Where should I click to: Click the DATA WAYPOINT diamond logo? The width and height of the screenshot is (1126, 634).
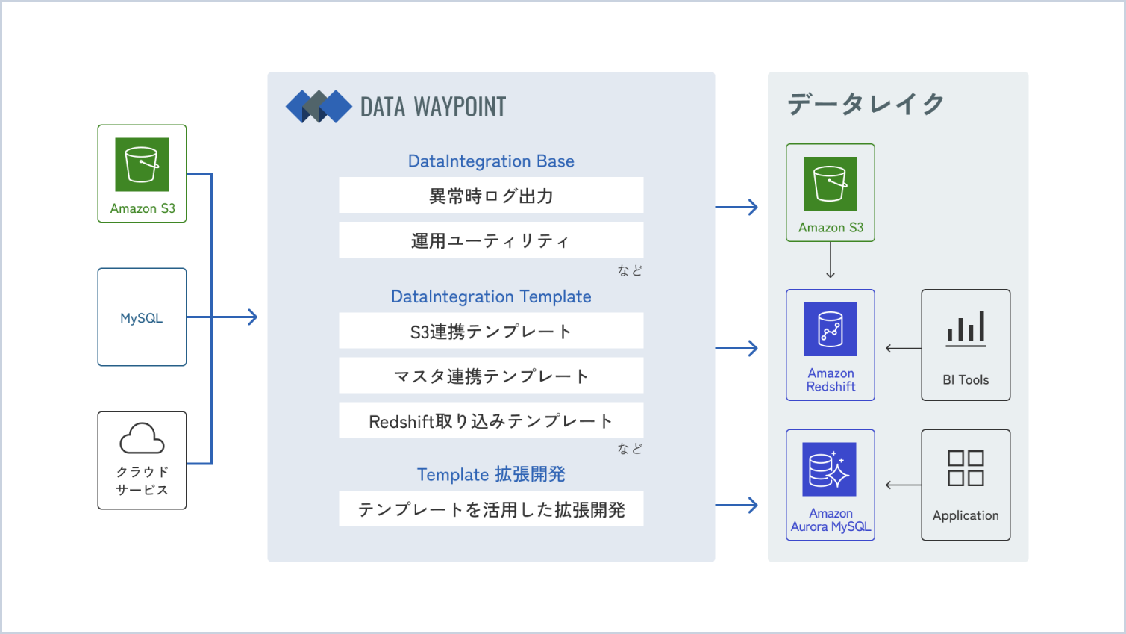click(x=319, y=106)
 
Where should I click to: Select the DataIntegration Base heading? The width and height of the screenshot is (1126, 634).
click(x=491, y=161)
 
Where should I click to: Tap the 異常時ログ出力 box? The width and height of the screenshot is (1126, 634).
click(x=491, y=195)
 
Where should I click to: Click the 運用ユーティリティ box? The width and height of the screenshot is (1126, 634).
click(x=491, y=240)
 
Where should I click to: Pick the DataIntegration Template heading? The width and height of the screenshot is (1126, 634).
click(x=491, y=297)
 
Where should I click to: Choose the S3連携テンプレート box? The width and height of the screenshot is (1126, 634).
click(x=491, y=331)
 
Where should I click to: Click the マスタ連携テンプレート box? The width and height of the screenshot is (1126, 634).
click(x=491, y=376)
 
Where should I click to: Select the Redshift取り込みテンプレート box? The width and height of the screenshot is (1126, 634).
click(x=491, y=420)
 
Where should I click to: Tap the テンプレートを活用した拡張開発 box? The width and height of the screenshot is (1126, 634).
click(x=491, y=509)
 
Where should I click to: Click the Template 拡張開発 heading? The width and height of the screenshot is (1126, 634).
click(x=491, y=474)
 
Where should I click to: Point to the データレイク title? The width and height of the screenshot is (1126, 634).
click(x=865, y=104)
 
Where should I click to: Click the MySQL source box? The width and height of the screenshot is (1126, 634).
click(x=143, y=317)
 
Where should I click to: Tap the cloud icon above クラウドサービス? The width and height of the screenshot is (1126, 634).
click(x=143, y=438)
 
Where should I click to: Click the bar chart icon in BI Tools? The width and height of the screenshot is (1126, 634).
click(x=966, y=329)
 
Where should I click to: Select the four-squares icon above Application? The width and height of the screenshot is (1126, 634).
click(x=966, y=468)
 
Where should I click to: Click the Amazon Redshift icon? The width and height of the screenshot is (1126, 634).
click(x=831, y=329)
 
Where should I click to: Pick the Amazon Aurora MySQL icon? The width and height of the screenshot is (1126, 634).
click(x=830, y=470)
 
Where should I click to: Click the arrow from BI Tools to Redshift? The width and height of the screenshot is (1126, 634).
click(x=904, y=348)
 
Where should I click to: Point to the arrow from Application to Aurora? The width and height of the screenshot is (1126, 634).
click(x=904, y=485)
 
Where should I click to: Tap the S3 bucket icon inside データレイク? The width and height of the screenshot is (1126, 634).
click(x=831, y=184)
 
